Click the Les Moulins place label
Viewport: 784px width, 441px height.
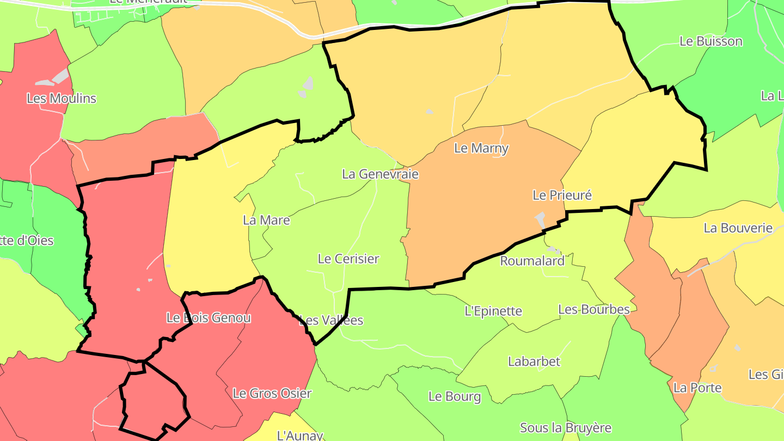[x=62, y=99]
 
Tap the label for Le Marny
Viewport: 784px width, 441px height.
[x=481, y=148]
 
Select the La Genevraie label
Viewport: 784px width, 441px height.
[x=381, y=174]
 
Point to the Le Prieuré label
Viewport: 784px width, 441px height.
[x=562, y=195]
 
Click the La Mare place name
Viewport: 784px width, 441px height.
[x=266, y=220]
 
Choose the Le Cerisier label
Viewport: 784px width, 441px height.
[x=348, y=259]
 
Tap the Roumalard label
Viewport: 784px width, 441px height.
[x=532, y=261]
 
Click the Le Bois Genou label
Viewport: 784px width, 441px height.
[x=209, y=318]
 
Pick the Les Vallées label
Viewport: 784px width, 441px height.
[x=331, y=320]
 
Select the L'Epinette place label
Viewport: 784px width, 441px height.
[x=493, y=311]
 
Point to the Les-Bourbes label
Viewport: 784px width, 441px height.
[x=594, y=310]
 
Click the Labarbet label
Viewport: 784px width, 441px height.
[x=534, y=362]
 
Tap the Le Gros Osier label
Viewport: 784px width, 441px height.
[x=272, y=393]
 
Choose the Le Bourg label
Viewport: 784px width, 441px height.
[x=455, y=396]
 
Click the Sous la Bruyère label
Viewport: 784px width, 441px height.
[x=566, y=428]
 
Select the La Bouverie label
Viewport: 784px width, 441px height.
[x=738, y=228]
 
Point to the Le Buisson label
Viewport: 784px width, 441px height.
[x=711, y=41]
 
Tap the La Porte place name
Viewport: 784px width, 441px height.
[x=697, y=388]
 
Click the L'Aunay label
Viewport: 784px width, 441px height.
[x=301, y=436]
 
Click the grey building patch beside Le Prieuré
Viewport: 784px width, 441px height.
[x=541, y=219]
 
